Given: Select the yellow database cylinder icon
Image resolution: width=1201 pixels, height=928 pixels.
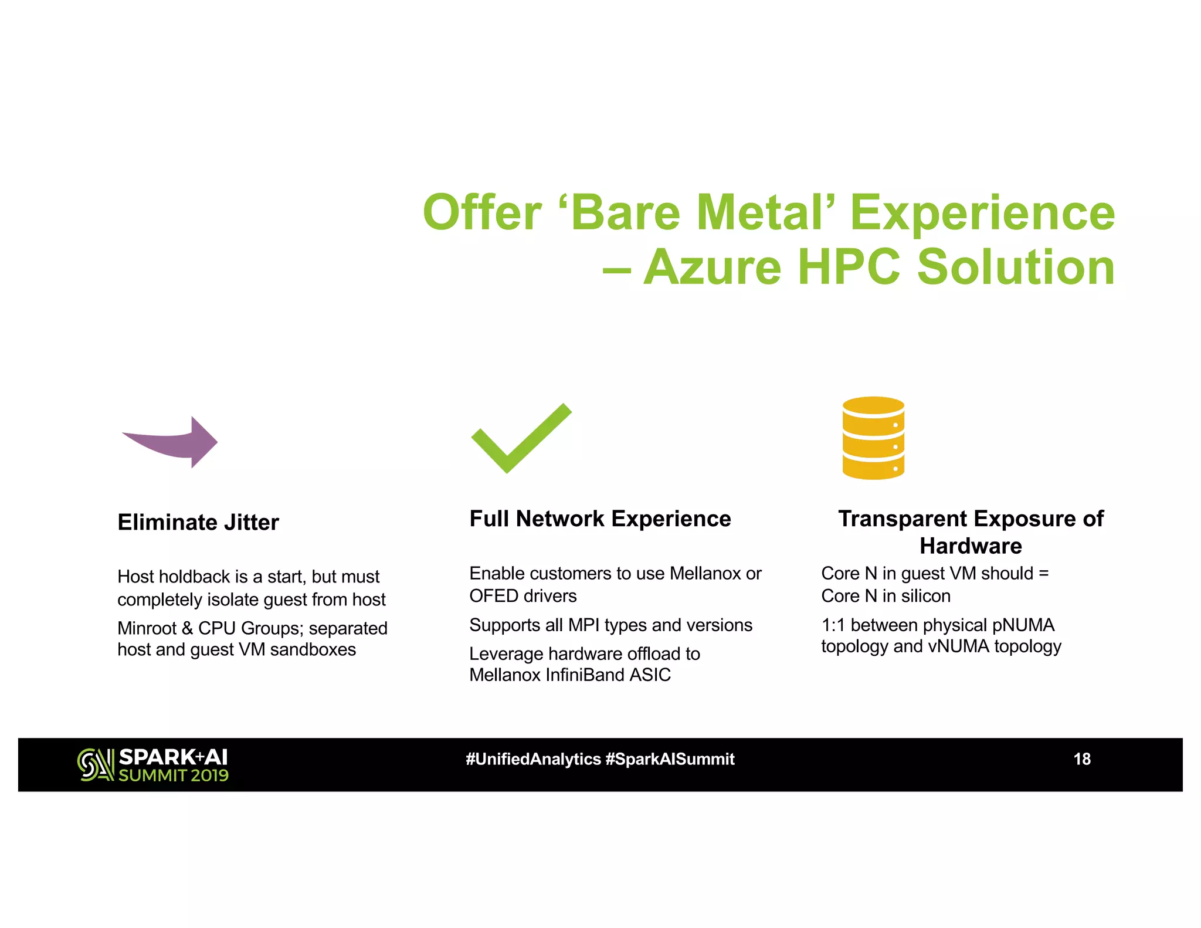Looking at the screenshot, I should (873, 438).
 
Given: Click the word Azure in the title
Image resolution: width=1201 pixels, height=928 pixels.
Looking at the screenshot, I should (712, 267).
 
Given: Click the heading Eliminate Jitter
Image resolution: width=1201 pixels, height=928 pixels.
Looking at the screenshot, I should (198, 522).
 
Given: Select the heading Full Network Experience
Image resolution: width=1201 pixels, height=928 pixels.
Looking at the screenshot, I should (600, 519).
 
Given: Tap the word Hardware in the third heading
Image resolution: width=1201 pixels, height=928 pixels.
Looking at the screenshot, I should (971, 546).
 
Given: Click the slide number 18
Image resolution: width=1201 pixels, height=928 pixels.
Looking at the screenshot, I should (1081, 759).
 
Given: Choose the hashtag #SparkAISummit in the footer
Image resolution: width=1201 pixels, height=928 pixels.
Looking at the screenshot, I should (670, 759).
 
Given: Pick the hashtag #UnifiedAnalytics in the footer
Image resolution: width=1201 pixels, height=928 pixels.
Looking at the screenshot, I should (533, 759).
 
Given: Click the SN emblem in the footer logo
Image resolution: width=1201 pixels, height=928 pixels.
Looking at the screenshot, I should (95, 764).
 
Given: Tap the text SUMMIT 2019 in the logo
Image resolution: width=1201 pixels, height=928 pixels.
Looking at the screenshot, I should (174, 775).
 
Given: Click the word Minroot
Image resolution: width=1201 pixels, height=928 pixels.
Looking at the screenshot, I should (147, 628).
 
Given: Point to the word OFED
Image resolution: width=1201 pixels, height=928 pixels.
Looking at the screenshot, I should (493, 596).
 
